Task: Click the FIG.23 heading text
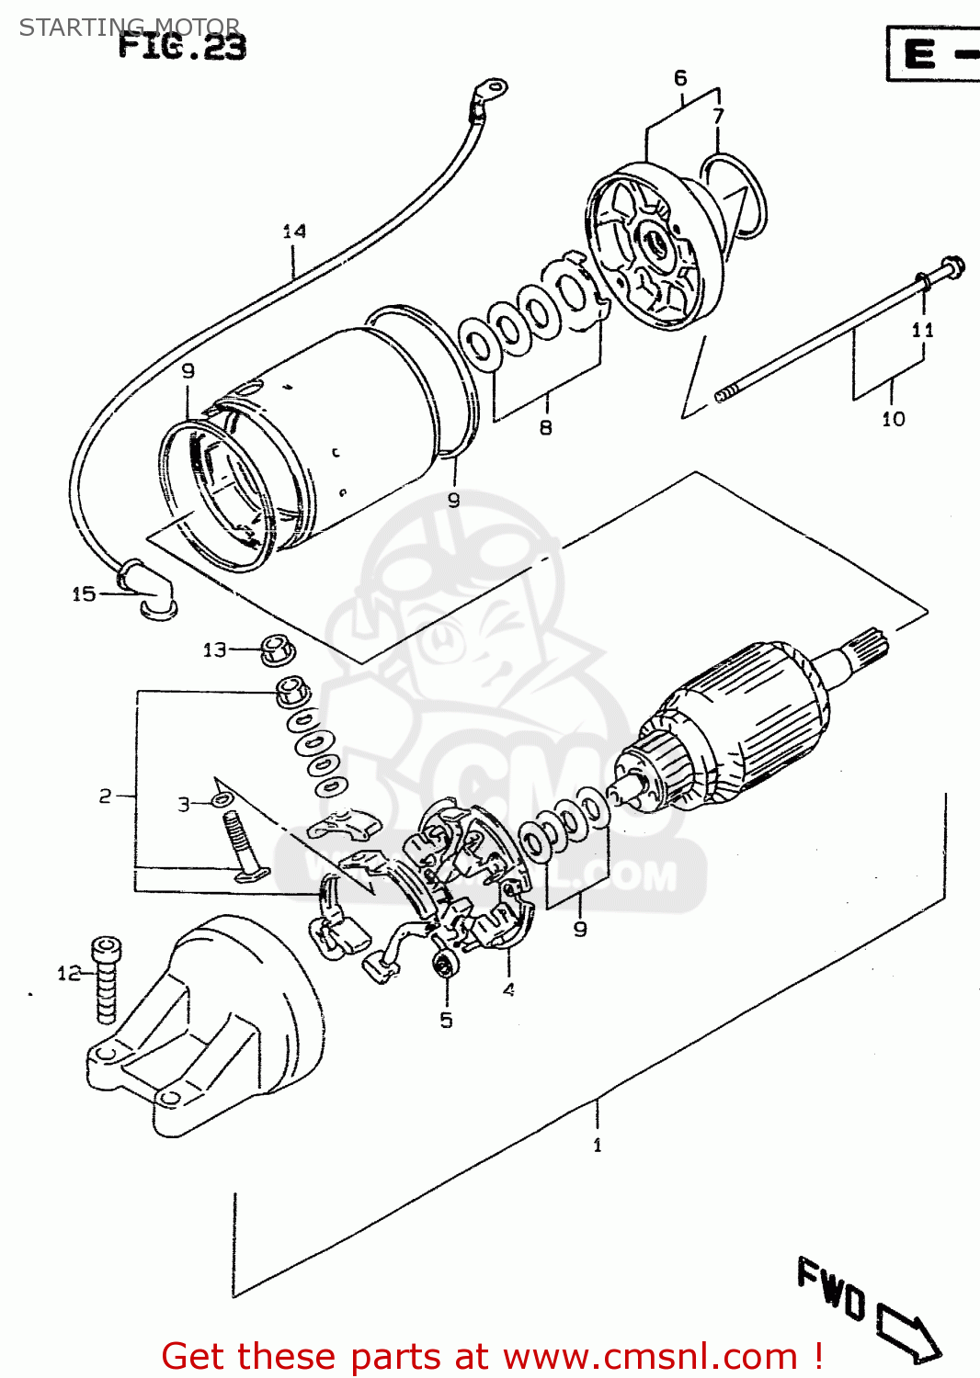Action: tap(182, 46)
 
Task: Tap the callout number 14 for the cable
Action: tap(294, 232)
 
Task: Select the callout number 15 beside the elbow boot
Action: tap(84, 594)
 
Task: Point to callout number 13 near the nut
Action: tap(214, 650)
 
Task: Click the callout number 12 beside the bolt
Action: tap(69, 973)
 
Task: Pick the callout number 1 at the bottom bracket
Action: tap(598, 1145)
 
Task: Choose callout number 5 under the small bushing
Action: tap(446, 1020)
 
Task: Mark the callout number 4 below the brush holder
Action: tap(508, 989)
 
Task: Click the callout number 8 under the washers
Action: tap(546, 427)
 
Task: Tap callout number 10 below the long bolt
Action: tap(894, 419)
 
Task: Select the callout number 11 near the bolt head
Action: tap(923, 330)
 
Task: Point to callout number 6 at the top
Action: tap(680, 78)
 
